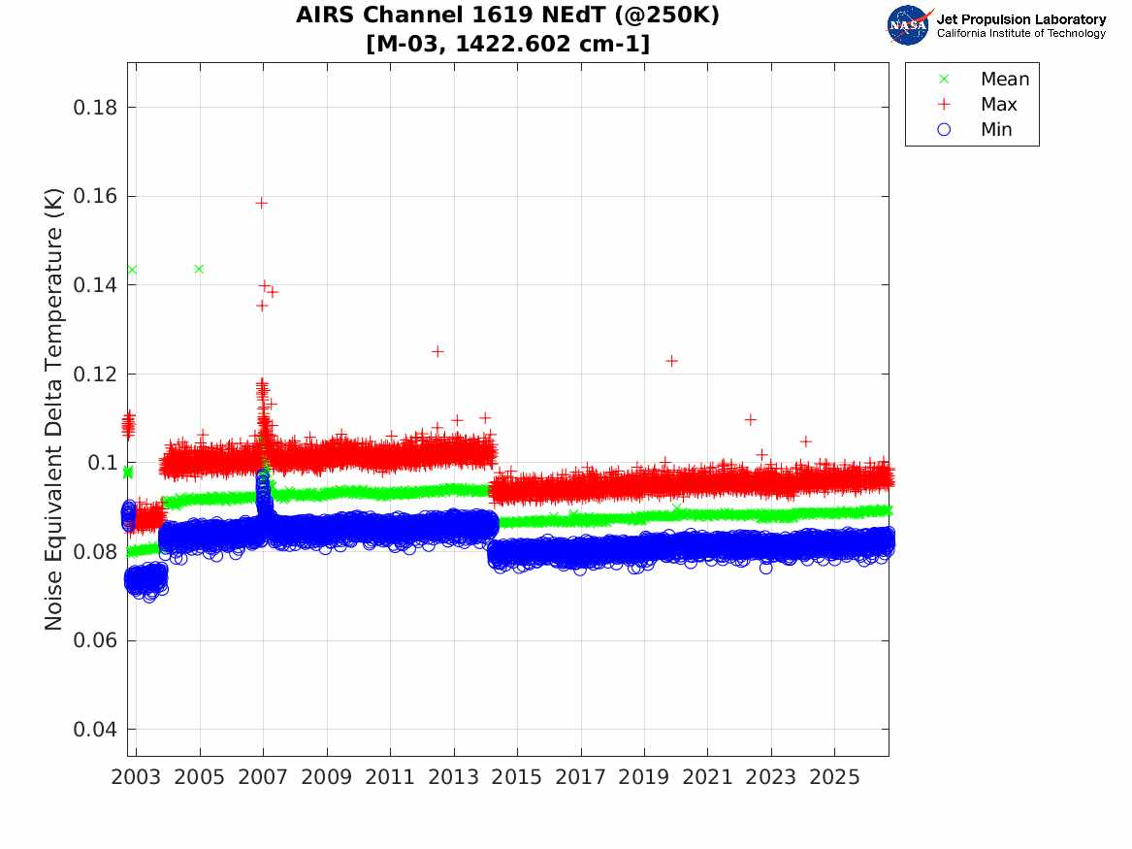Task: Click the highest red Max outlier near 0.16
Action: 261,203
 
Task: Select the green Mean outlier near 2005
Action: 199,270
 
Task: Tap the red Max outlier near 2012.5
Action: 437,351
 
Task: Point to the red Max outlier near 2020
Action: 671,361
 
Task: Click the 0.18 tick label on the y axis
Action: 94,108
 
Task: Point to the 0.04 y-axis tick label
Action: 94,729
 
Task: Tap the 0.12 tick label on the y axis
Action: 94,374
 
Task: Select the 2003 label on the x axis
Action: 136,777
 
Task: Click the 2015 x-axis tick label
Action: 517,777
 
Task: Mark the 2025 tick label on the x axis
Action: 834,777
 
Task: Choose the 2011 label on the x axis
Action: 390,777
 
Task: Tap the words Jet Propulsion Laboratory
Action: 1021,19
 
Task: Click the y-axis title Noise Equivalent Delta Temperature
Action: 53,409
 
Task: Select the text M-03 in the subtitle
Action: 410,44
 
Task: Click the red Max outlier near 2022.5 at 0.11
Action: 750,419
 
